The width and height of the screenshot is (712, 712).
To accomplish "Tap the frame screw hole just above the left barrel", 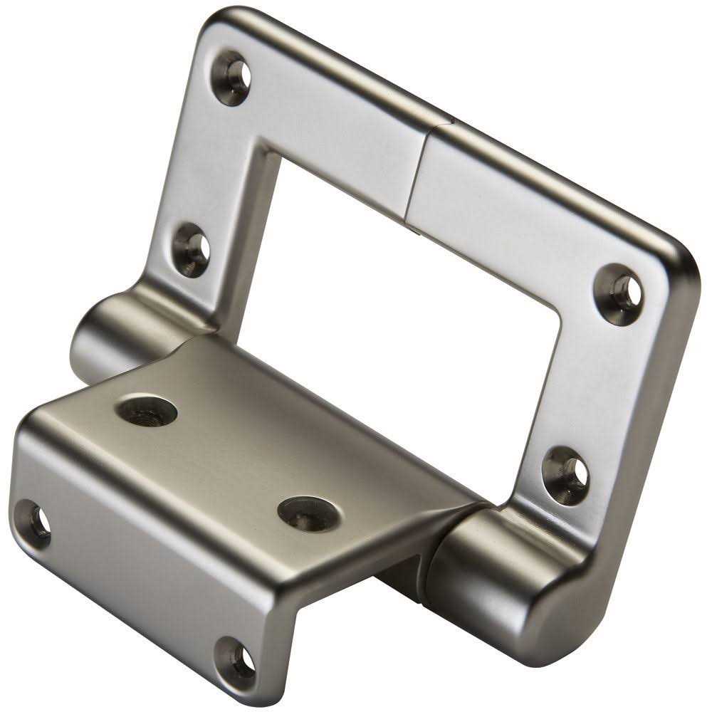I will point(192,248).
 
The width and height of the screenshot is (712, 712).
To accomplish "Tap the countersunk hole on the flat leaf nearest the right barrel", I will point(308,513).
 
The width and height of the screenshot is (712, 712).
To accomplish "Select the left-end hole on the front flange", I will point(33,524).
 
